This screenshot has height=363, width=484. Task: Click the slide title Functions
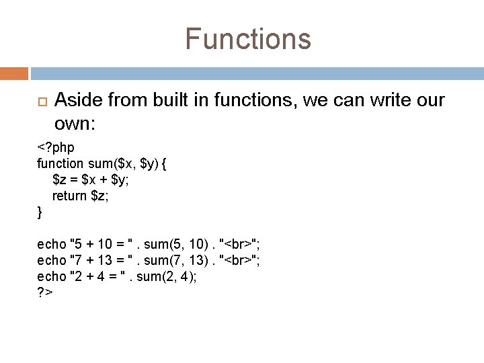(x=248, y=38)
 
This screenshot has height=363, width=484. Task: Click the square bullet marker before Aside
(x=39, y=102)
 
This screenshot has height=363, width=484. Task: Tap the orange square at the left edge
(x=13, y=73)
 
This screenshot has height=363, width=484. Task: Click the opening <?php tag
(x=55, y=147)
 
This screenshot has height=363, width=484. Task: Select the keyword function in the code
(x=59, y=163)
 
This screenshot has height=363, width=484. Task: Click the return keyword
(x=69, y=196)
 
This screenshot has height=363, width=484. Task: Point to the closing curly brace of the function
(x=39, y=212)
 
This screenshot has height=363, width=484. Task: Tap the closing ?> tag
(x=45, y=293)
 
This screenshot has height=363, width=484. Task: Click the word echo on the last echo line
(x=51, y=277)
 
